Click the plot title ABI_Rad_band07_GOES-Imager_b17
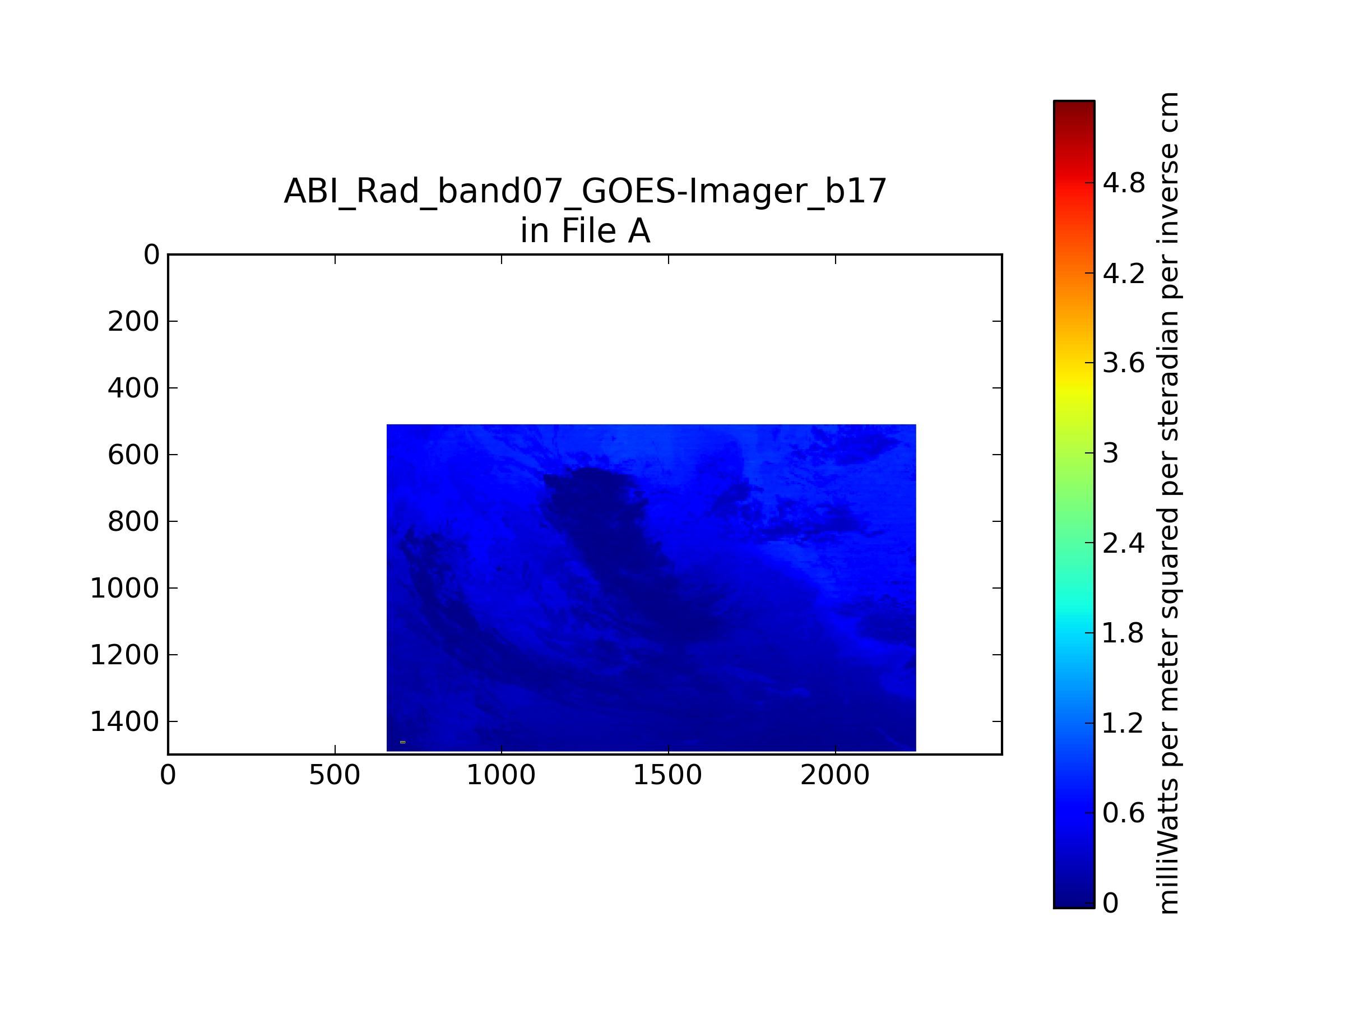pos(585,192)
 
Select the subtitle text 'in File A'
pos(585,231)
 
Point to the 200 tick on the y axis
pos(133,322)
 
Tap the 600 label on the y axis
pos(133,455)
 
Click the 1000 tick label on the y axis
pos(124,589)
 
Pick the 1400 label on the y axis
pos(124,722)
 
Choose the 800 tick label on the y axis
pos(133,522)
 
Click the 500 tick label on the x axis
pos(335,775)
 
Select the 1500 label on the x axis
pos(667,775)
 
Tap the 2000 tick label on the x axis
pos(835,775)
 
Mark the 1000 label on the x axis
pos(501,775)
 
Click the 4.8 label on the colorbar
pos(1124,183)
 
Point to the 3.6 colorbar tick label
pos(1124,363)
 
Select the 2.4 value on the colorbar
pos(1124,543)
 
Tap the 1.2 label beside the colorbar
pos(1124,724)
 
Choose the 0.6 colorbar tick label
pos(1124,813)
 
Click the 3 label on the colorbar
pos(1111,453)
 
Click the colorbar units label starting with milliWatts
pos(1168,503)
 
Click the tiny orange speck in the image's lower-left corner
pos(402,742)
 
